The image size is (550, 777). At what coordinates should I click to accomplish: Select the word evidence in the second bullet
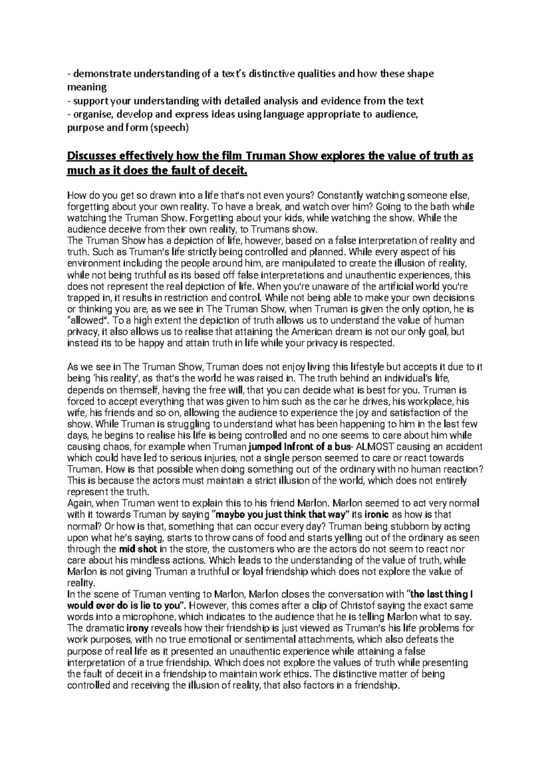(340, 101)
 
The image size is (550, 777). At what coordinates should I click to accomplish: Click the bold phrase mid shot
(138, 549)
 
